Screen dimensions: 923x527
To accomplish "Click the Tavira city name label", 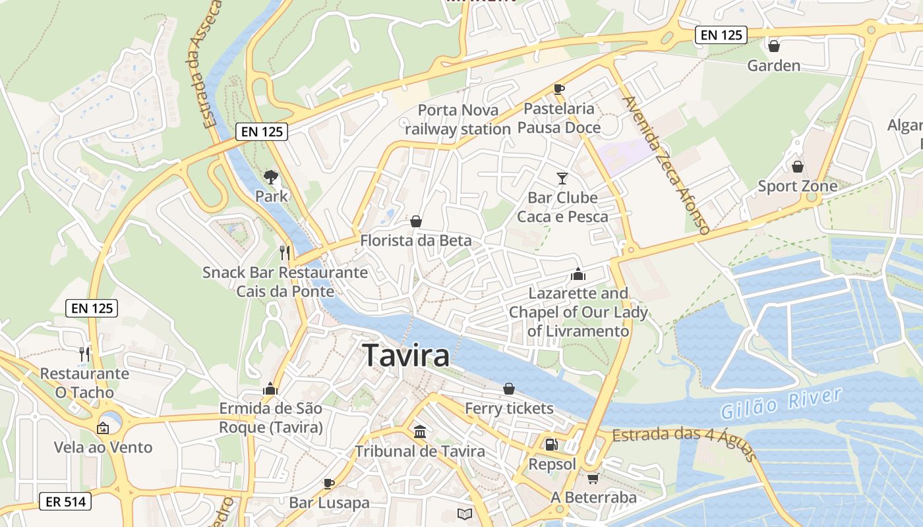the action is click(x=406, y=356).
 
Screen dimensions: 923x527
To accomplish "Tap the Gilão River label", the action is click(x=781, y=403).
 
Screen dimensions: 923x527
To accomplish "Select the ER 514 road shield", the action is click(x=65, y=501).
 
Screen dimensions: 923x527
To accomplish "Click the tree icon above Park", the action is click(x=270, y=177).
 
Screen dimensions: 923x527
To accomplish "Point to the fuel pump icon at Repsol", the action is click(x=551, y=445).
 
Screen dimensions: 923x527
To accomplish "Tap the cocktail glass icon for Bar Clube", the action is click(x=562, y=178).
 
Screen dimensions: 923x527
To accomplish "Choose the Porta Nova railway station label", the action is click(x=458, y=119).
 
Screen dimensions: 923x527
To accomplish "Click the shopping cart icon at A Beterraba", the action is click(x=593, y=478).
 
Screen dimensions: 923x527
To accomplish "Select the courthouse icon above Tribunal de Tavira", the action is click(x=420, y=431).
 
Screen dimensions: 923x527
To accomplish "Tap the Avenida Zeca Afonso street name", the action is click(x=665, y=165).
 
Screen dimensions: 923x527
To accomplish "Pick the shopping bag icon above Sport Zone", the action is click(x=798, y=166).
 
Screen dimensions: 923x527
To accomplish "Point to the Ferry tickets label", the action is click(x=509, y=408).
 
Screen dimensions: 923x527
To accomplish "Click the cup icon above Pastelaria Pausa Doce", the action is click(x=559, y=89).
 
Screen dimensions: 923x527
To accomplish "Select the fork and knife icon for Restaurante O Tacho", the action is click(x=84, y=354).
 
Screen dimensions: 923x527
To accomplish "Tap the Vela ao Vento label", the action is click(x=103, y=447).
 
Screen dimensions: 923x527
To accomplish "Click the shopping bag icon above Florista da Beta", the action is click(x=416, y=221).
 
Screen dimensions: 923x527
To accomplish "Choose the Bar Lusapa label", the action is click(x=329, y=503).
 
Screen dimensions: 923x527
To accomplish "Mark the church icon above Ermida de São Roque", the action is click(x=270, y=389).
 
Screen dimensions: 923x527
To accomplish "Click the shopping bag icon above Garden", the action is click(x=774, y=46).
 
